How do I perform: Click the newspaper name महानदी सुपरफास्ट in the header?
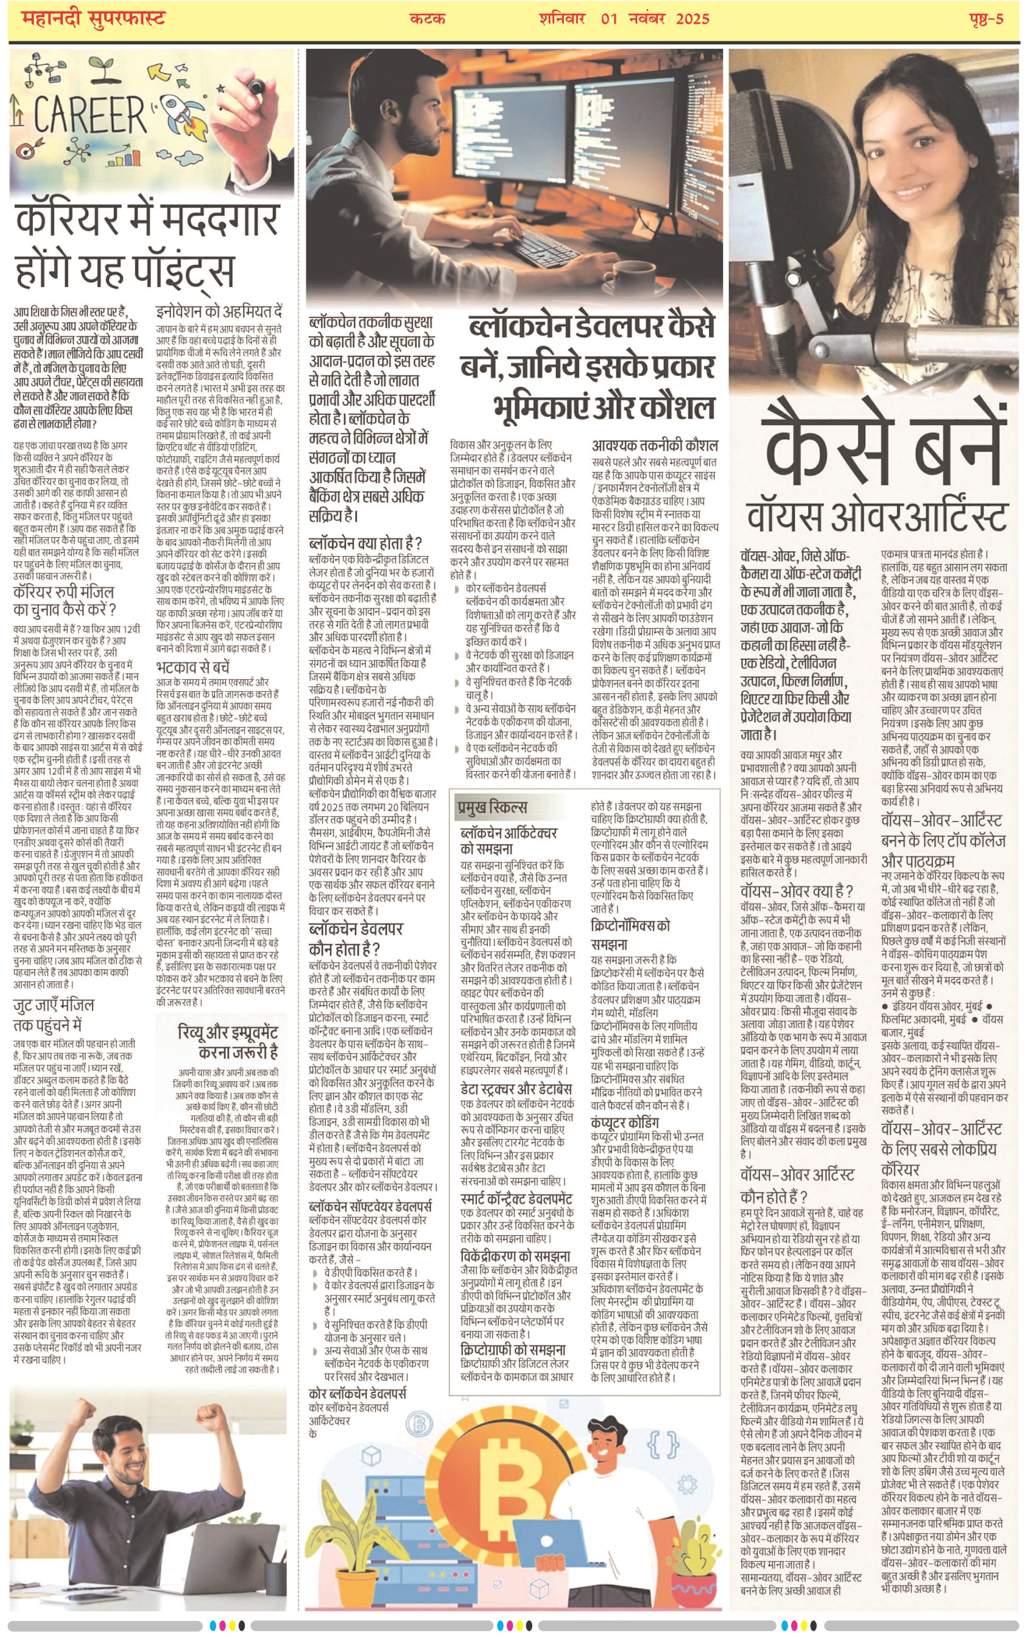[93, 18]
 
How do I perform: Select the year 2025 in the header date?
[692, 18]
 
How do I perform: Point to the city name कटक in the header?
[427, 18]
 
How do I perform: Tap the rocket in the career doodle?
[183, 110]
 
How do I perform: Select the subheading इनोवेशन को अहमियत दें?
[218, 311]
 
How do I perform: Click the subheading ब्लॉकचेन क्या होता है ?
[365, 543]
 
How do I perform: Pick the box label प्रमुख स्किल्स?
[491, 807]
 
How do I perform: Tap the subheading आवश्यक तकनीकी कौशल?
[655, 445]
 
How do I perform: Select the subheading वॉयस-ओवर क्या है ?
[796, 891]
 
